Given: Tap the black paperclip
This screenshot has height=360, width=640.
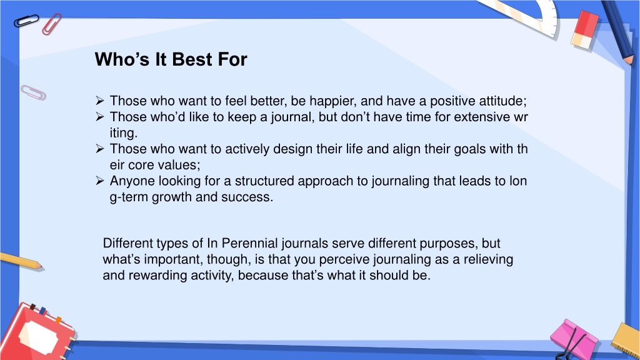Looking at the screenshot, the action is tap(26, 21).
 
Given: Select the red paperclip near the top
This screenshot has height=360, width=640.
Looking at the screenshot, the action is tap(51, 24).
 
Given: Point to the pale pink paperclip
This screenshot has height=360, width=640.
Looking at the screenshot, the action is tap(33, 92).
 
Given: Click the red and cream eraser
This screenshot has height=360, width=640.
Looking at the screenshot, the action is tap(585, 30).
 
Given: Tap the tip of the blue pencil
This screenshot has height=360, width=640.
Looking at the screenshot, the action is tap(631, 62).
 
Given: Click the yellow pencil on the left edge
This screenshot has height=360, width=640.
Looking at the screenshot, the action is tap(21, 261).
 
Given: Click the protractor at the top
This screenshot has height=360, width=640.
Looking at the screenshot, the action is tap(526, 16).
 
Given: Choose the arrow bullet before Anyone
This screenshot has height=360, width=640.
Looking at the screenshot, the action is tap(100, 181).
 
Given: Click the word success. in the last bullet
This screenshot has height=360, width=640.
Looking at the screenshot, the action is tap(247, 197).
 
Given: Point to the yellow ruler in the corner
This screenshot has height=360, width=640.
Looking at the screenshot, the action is tap(626, 341).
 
